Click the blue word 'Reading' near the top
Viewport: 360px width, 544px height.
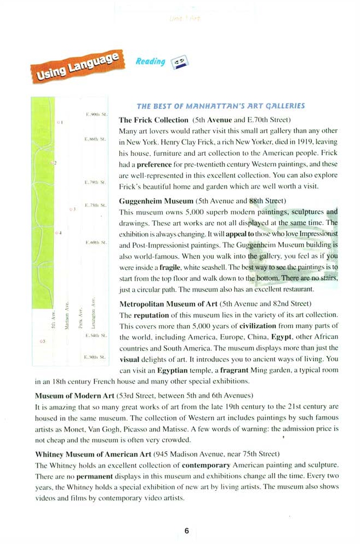click(x=150, y=61)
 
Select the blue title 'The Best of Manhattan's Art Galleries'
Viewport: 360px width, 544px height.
click(x=220, y=106)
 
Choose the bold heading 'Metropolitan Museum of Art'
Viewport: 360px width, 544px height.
click(x=168, y=303)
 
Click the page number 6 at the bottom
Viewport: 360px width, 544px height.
click(x=186, y=530)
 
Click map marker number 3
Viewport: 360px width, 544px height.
click(x=72, y=209)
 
